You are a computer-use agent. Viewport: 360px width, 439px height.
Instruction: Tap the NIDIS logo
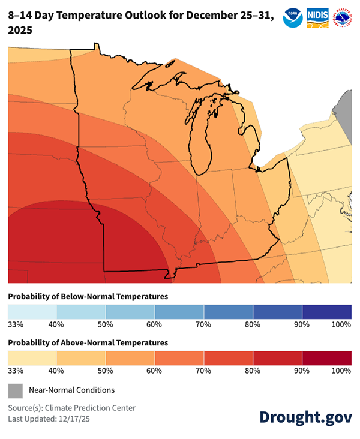point(317,17)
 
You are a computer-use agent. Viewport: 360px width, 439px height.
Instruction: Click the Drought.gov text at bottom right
point(305,417)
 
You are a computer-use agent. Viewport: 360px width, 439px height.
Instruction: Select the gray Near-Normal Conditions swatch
point(15,390)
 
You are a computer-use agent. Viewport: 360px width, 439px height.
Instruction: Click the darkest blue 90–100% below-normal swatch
point(326,311)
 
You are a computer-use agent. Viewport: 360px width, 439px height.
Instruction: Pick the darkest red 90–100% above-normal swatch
point(326,358)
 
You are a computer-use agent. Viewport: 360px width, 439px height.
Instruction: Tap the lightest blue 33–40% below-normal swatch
point(32,311)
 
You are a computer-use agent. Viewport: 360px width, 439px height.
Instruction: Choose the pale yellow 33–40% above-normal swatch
point(32,358)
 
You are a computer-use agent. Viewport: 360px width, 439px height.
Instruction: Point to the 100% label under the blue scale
point(341,324)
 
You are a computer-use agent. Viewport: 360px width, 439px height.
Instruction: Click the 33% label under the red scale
point(15,371)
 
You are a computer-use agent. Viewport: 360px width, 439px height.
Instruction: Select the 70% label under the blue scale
point(203,324)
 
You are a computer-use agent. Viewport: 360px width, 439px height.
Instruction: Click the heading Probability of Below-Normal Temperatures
point(88,296)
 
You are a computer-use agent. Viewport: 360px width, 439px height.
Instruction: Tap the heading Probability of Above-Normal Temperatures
point(88,342)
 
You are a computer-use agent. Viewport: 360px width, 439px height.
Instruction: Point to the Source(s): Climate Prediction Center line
point(71,408)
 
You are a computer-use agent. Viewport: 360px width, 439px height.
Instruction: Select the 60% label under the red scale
point(154,371)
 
